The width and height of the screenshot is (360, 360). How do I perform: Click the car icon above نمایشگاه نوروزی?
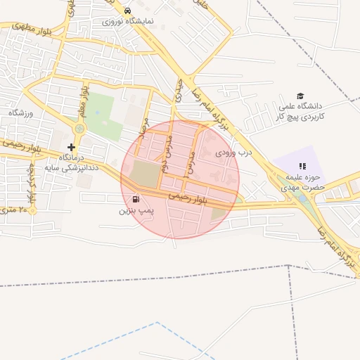pos(127,11)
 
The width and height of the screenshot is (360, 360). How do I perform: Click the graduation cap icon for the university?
pos(300,96)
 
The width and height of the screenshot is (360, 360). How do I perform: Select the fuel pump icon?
pos(135,199)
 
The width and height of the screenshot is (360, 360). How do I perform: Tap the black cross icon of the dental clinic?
pos(71,147)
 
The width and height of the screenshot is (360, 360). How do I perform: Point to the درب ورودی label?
pos(233,152)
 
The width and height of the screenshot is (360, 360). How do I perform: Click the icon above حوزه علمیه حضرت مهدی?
pos(302,166)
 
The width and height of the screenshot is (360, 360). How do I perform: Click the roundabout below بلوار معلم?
pos(79,129)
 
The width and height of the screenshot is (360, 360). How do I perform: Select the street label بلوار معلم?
pos(84,101)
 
